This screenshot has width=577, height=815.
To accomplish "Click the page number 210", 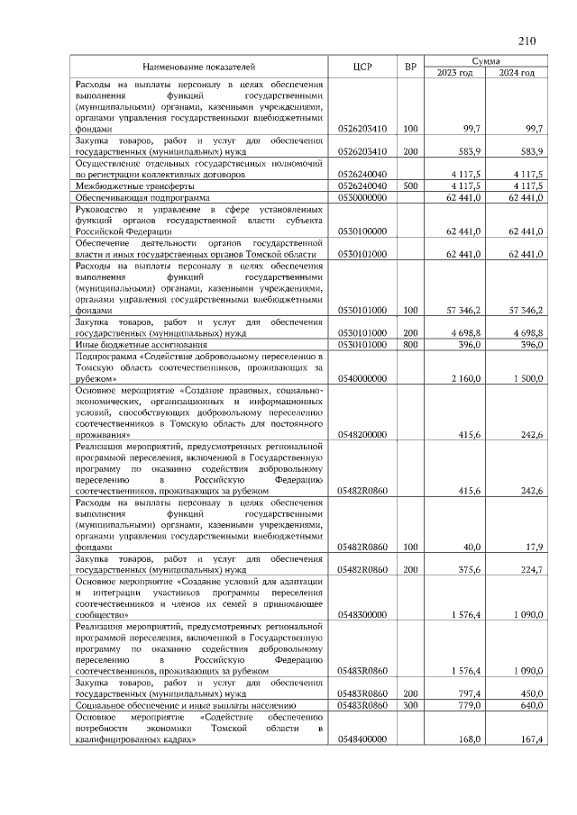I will point(527,40).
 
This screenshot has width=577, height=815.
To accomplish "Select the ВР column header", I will point(411,67).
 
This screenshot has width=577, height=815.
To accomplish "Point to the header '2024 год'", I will point(517,72).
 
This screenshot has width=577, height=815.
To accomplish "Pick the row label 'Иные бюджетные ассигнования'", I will point(139,344).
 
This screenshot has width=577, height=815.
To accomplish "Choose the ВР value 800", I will point(411,344).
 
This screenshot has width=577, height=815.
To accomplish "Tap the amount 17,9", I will point(533,547).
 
